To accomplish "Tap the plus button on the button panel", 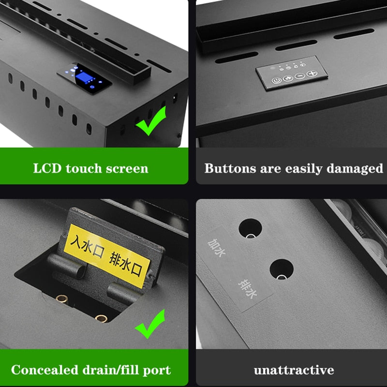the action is tap(312, 74).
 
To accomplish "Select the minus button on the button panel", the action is tap(300, 76).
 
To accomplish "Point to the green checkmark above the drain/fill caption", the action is tap(150, 324).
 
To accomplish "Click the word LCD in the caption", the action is tap(47, 168).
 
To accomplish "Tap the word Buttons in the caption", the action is tap(230, 168).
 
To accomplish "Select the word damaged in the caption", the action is tap(355, 169).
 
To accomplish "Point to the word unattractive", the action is tap(294, 370).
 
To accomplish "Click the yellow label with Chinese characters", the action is tap(107, 256).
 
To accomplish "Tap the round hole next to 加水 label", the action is tap(250, 228).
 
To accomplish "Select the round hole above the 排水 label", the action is tap(282, 269).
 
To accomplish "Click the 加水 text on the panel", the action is tap(216, 248).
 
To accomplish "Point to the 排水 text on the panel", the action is tap(248, 289).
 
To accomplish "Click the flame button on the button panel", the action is tap(288, 78).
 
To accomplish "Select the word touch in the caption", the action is tap(84, 168).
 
